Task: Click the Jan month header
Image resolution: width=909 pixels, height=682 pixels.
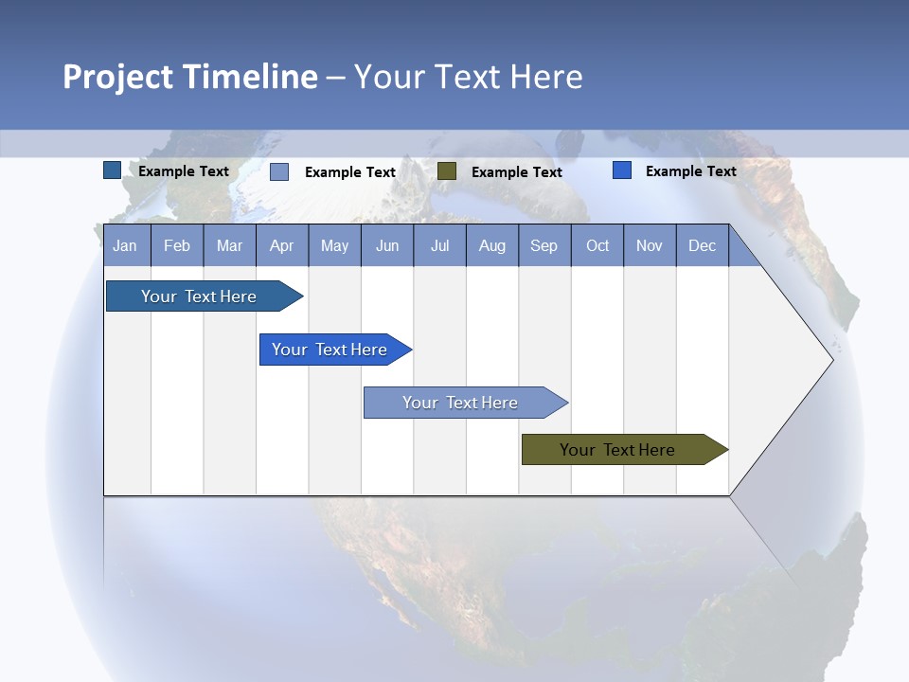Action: click(126, 245)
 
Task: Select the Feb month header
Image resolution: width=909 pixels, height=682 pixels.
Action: click(177, 245)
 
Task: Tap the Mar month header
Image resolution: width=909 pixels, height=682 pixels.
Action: click(229, 245)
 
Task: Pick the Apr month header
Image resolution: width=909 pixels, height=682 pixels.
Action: click(282, 245)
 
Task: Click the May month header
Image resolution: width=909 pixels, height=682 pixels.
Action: click(334, 245)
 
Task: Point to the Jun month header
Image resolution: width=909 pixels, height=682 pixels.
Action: click(387, 245)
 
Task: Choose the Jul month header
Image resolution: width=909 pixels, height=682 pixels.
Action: click(439, 245)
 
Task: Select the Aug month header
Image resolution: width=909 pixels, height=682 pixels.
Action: click(492, 245)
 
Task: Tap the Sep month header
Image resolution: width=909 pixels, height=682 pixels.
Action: click(544, 245)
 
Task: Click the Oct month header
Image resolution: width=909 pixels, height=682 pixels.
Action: click(597, 245)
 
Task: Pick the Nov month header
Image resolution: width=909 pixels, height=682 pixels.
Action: click(650, 245)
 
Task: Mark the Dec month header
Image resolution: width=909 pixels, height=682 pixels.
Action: click(703, 245)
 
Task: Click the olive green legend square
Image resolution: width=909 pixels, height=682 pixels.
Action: click(447, 171)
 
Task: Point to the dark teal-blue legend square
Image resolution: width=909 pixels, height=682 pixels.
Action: click(113, 170)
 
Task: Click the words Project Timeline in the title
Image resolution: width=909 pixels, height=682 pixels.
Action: click(190, 77)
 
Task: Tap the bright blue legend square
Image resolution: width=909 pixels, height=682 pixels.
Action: click(622, 170)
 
